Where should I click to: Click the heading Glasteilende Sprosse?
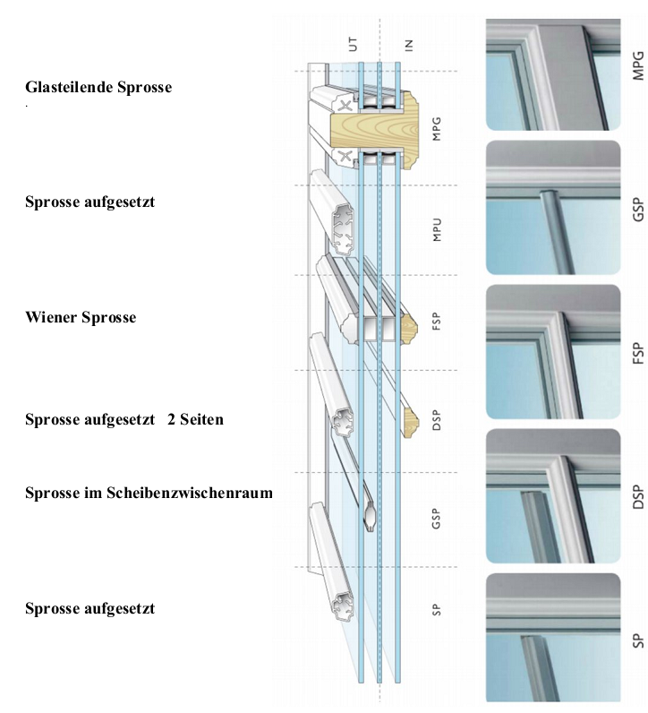click(x=98, y=88)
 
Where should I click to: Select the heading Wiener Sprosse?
click(x=81, y=317)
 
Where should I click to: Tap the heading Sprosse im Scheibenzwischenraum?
click(x=149, y=493)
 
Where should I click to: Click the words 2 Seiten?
click(x=195, y=419)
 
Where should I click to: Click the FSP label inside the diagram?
click(x=436, y=322)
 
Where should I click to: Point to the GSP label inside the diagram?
click(x=436, y=518)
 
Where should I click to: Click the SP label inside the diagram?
click(x=436, y=610)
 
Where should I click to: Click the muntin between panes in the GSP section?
click(x=371, y=517)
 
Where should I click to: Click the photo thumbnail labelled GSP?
click(x=553, y=207)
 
